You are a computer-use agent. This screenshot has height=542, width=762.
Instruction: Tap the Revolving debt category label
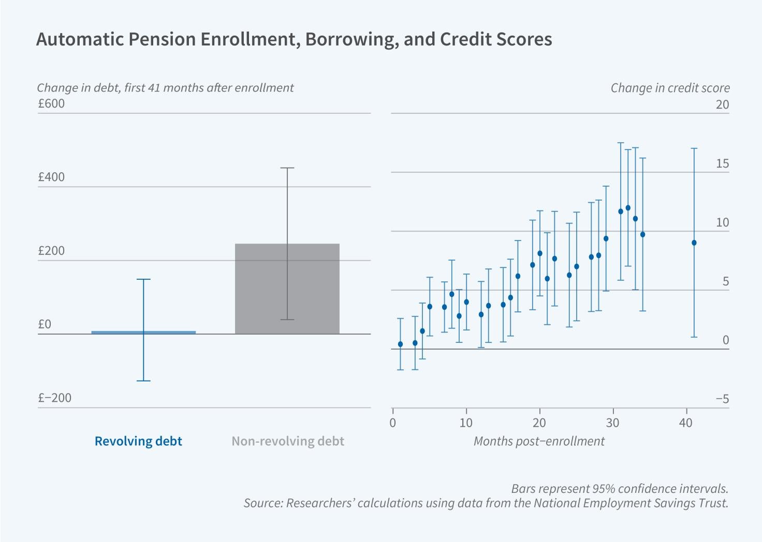pos(138,441)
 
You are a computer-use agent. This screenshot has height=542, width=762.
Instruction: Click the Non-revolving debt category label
pos(288,441)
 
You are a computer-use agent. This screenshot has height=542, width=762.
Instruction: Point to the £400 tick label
pos(51,177)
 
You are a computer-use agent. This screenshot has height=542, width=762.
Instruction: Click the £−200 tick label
pos(54,398)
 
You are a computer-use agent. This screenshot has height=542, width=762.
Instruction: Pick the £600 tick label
pos(51,103)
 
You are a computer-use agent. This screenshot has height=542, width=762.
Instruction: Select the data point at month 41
pos(694,243)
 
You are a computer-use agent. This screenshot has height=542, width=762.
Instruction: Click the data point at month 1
pos(400,344)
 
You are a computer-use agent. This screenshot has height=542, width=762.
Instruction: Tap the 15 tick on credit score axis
pos(722,163)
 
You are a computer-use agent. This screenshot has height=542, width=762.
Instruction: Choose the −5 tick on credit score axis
pos(722,399)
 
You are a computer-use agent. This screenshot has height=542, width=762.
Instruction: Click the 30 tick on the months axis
pos(613,423)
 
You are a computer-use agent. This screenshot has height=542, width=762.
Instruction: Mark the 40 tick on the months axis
pos(686,423)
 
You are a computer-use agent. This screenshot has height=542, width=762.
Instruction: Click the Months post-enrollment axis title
pos(539,441)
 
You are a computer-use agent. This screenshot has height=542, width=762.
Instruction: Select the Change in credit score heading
pos(670,88)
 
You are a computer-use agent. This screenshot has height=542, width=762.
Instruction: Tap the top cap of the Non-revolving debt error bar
pos(287,168)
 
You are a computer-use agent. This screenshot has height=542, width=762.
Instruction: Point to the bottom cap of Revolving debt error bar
pos(143,381)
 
